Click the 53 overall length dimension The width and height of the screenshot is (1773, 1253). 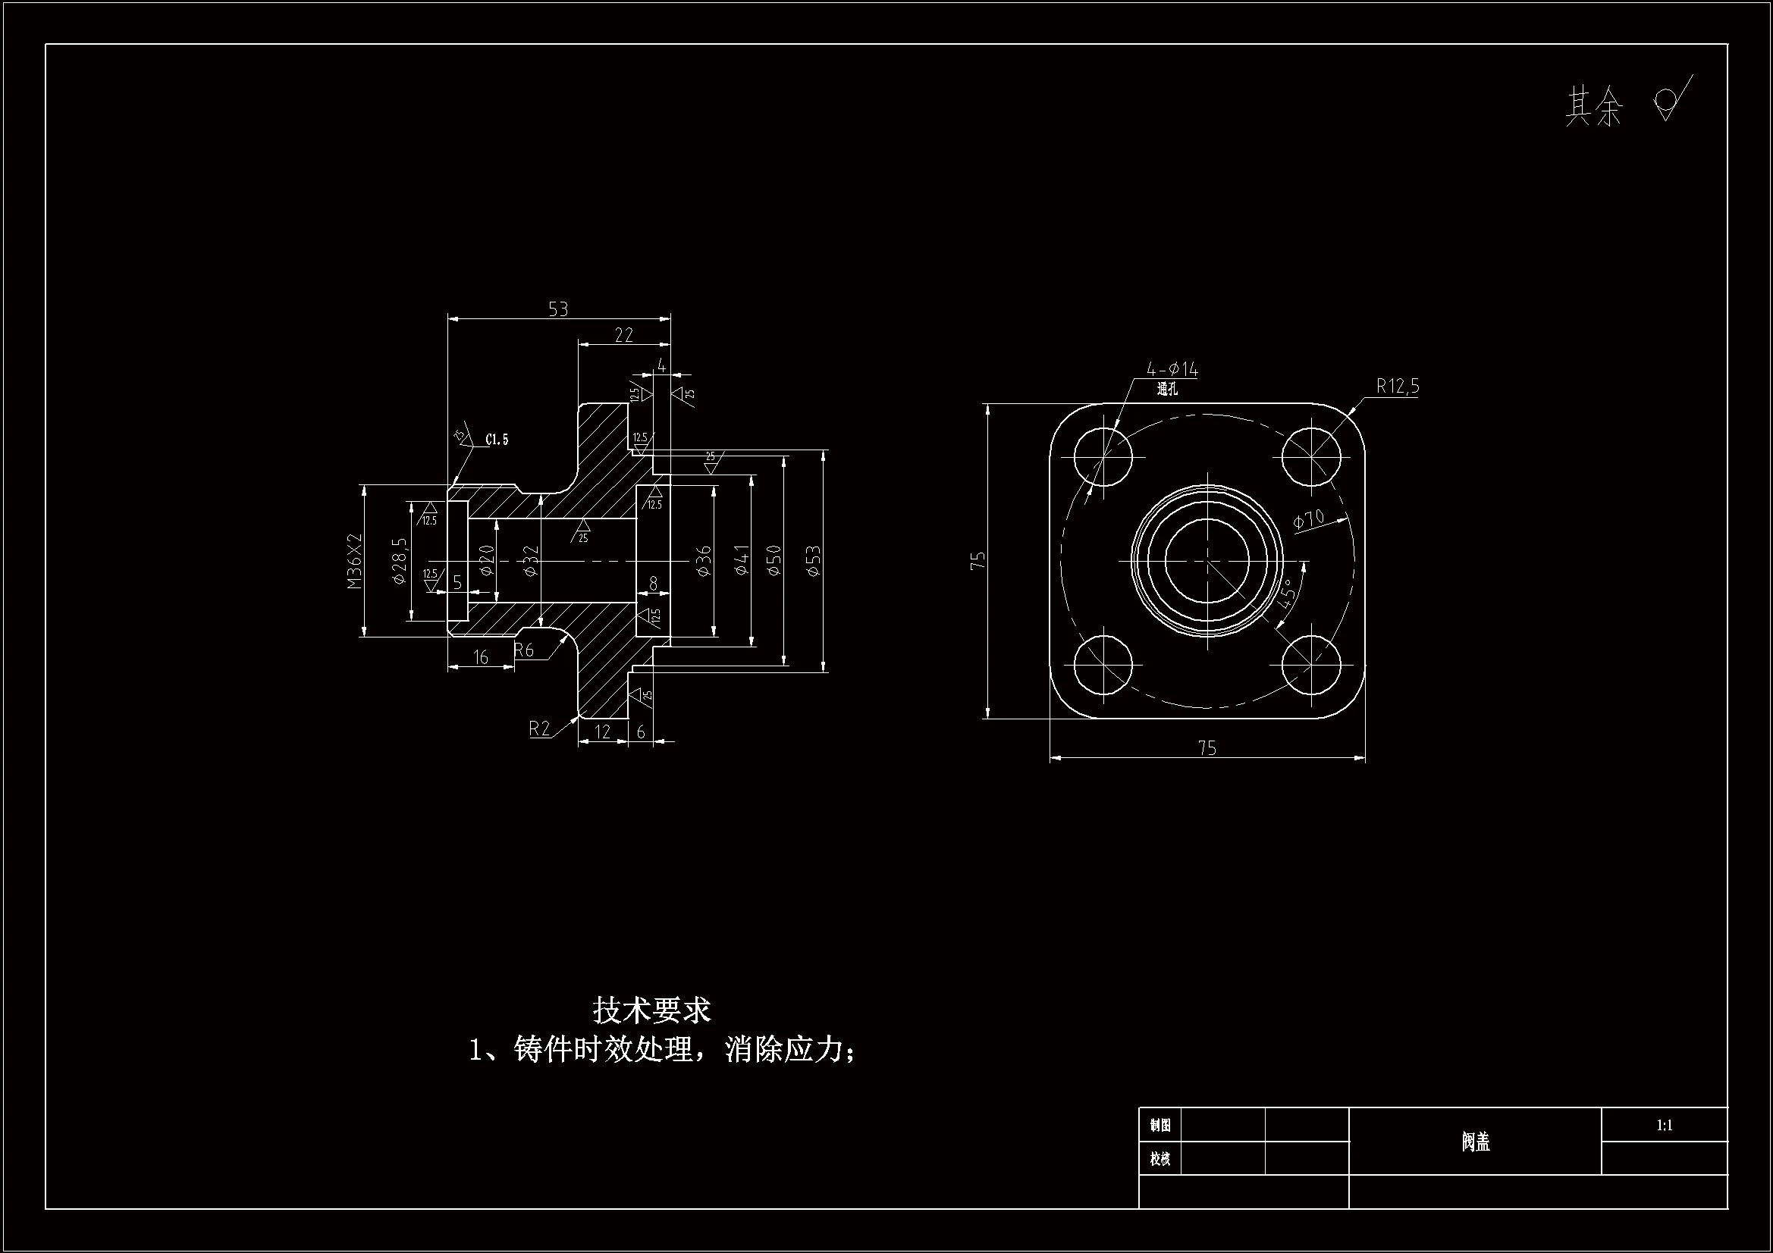[x=557, y=309]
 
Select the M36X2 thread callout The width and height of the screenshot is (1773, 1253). [x=354, y=560]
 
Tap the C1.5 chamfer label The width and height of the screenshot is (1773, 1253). [x=497, y=440]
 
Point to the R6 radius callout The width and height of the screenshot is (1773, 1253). [x=524, y=650]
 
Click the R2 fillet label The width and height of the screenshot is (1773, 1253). [x=539, y=728]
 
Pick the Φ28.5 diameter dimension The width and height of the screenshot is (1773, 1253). [x=399, y=560]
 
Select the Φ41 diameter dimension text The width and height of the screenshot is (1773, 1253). [x=742, y=559]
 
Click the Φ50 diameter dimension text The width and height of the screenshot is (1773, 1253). [x=774, y=559]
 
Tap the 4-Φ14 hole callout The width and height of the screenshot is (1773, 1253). [x=1172, y=370]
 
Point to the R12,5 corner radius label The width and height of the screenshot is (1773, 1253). [x=1397, y=386]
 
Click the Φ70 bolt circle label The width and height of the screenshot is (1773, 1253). [x=1309, y=519]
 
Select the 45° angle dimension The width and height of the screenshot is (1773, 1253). [x=1285, y=594]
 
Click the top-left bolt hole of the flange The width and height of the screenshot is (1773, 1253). [x=1103, y=456]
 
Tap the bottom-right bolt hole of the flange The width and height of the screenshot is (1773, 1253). [x=1311, y=664]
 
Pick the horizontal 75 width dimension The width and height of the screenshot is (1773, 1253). [x=1207, y=747]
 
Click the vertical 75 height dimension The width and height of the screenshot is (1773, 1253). [x=978, y=560]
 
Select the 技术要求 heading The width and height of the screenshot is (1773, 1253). [x=651, y=1010]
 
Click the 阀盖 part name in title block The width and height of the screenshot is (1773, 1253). [x=1475, y=1142]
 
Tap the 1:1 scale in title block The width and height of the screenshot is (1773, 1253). [x=1664, y=1125]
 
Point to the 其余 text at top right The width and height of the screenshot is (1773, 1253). [x=1594, y=107]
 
